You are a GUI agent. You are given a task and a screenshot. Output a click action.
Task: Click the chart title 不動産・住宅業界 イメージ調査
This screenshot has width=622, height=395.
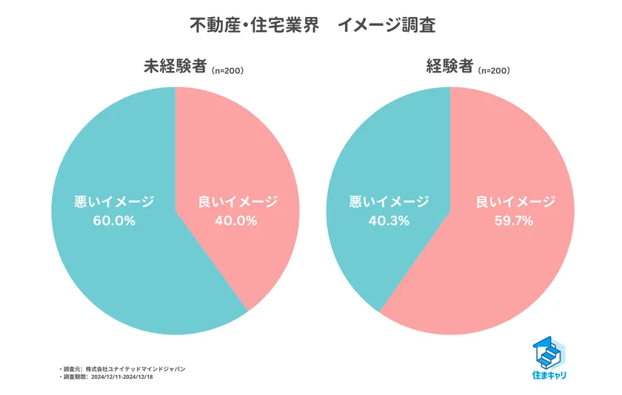tap(311, 25)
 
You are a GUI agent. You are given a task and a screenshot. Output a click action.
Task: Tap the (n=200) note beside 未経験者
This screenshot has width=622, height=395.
tap(227, 71)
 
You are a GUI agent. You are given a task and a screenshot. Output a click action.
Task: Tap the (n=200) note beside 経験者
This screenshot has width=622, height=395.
tap(493, 71)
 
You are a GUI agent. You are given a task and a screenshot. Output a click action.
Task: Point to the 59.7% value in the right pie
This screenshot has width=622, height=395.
tap(514, 220)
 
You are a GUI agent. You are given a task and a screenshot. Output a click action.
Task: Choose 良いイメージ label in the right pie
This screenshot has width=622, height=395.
tap(514, 201)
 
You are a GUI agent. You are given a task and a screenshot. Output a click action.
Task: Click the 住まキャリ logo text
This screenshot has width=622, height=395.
tap(549, 376)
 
